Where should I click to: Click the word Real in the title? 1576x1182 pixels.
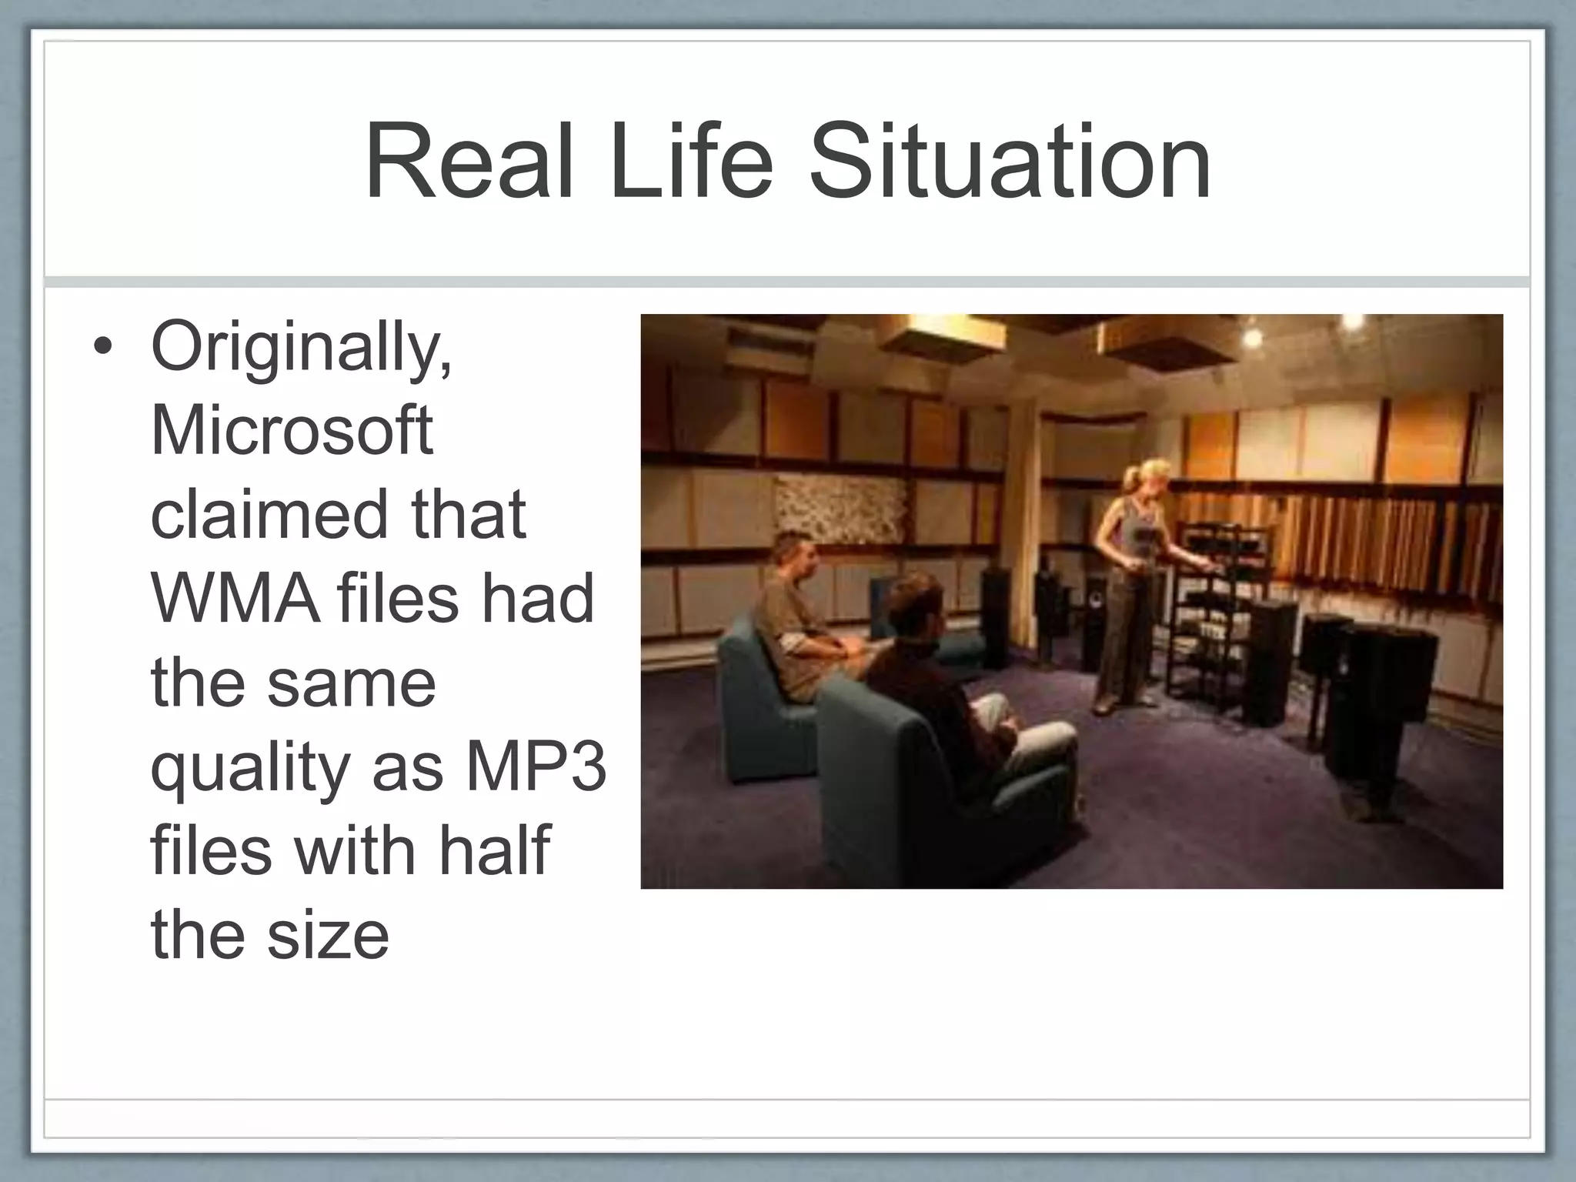(469, 165)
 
